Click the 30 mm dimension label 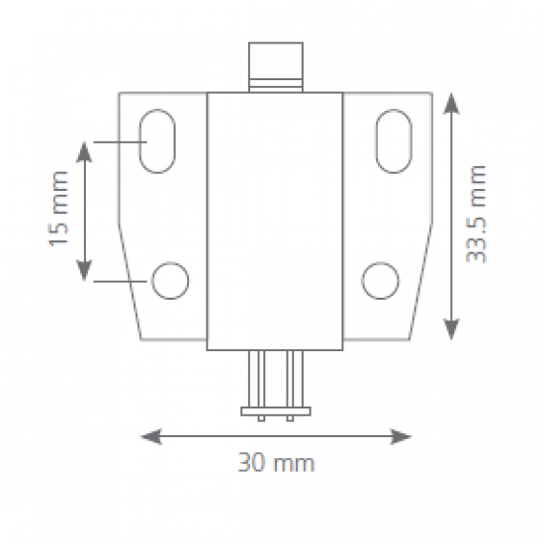point(276,463)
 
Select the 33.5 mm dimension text point(476,214)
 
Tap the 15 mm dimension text point(58,209)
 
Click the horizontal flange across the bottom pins point(276,411)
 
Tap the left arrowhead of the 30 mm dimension point(151,436)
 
